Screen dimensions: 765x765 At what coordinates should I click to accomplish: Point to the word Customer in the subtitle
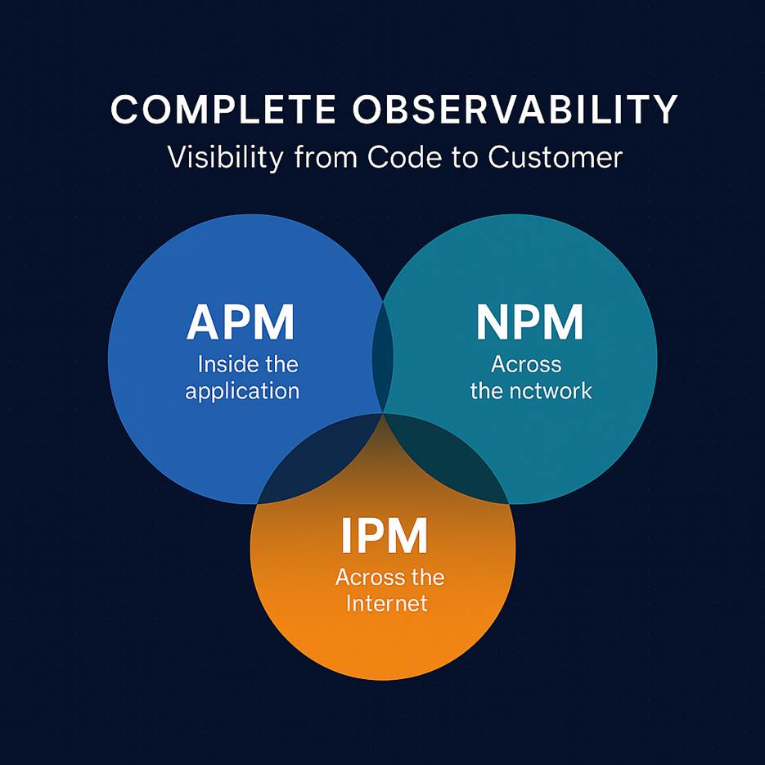(x=556, y=156)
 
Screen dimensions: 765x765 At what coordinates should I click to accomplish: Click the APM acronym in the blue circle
(x=240, y=322)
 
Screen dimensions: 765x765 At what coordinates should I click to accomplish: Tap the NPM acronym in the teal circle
(x=529, y=322)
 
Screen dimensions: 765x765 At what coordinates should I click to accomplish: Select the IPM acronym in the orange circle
(x=383, y=537)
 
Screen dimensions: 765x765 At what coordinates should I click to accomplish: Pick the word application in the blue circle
(x=242, y=390)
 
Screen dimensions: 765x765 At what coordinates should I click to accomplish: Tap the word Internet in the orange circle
(x=386, y=604)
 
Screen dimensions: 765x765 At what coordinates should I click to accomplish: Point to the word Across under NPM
(x=526, y=363)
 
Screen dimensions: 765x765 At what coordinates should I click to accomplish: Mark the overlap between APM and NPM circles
(x=383, y=352)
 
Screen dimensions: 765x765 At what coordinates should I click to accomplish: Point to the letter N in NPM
(x=493, y=322)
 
